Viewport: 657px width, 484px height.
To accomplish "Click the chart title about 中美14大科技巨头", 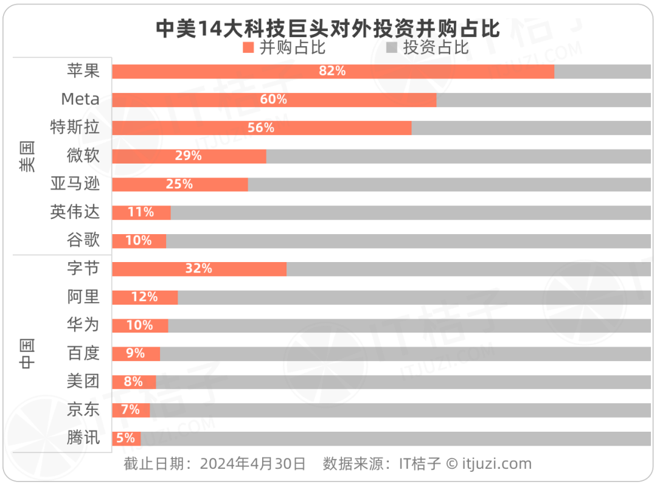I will click(x=328, y=28).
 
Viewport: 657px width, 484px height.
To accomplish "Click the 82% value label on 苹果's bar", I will click(x=332, y=71).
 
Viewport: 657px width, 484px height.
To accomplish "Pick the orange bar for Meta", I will click(x=274, y=100).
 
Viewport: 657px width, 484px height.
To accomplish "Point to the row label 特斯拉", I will click(x=75, y=128).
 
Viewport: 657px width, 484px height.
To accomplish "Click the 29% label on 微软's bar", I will click(x=188, y=156).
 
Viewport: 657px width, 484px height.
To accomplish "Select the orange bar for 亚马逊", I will click(x=180, y=184).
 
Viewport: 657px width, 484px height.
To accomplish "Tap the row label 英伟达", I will click(x=75, y=212).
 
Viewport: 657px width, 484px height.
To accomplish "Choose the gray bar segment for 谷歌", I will click(x=408, y=241).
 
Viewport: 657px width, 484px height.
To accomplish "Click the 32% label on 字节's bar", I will click(x=199, y=269).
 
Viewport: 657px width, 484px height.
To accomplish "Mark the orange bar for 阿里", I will click(x=145, y=297).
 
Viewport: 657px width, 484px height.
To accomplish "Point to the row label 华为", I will click(x=83, y=325).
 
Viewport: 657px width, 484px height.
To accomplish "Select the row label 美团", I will click(x=83, y=382).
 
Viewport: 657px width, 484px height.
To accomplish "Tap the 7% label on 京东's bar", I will click(x=130, y=410).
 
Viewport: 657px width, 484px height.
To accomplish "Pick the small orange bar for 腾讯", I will click(x=126, y=438).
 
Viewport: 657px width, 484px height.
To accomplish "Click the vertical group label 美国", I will click(x=27, y=156).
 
